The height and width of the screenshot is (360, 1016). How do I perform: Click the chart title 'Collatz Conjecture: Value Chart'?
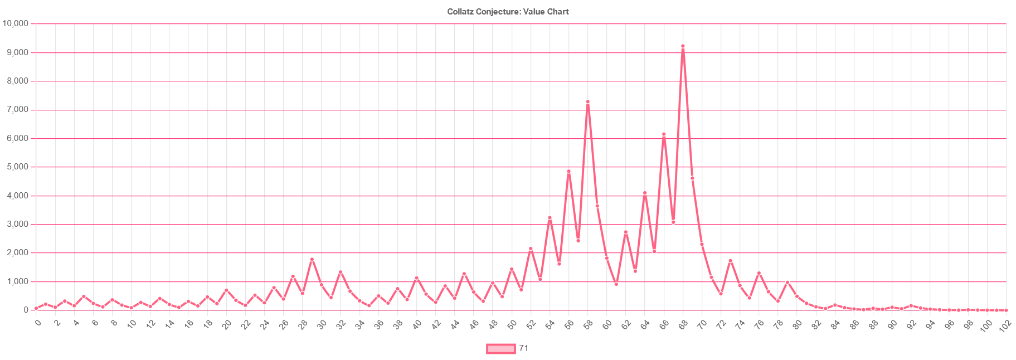(x=508, y=12)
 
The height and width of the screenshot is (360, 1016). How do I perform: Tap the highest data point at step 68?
(x=683, y=46)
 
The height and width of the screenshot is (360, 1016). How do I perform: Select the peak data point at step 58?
(x=587, y=102)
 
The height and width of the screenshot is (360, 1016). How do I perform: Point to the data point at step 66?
(x=664, y=134)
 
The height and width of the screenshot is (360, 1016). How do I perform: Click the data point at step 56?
(x=568, y=171)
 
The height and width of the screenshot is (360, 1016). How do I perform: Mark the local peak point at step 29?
(x=312, y=259)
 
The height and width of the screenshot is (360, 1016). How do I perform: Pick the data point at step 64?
(x=645, y=193)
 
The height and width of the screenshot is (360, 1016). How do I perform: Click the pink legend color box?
(x=500, y=349)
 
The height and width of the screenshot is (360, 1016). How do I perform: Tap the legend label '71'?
(x=523, y=349)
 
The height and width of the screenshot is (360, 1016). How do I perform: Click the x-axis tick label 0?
(x=37, y=323)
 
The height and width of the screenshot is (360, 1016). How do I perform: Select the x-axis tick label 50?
(x=512, y=324)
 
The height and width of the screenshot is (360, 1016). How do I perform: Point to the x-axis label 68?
(x=683, y=324)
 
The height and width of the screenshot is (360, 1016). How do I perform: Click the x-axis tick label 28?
(x=303, y=324)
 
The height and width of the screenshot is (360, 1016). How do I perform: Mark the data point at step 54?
(x=550, y=218)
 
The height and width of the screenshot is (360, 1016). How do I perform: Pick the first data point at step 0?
(x=36, y=308)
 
